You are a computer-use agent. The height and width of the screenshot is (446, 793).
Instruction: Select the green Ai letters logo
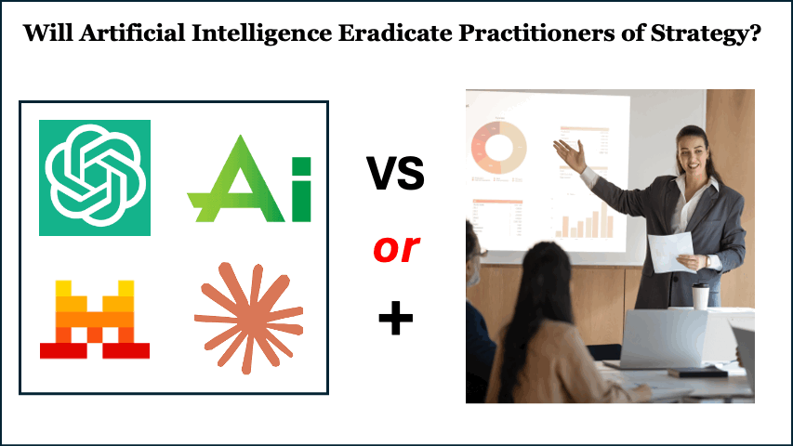249,179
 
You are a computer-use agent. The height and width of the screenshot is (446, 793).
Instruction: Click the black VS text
395,173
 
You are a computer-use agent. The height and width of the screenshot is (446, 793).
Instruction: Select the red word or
396,248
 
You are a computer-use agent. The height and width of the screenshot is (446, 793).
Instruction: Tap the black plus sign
396,320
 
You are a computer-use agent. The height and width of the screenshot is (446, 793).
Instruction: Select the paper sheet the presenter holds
671,250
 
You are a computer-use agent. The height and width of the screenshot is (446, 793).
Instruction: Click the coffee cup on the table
700,295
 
